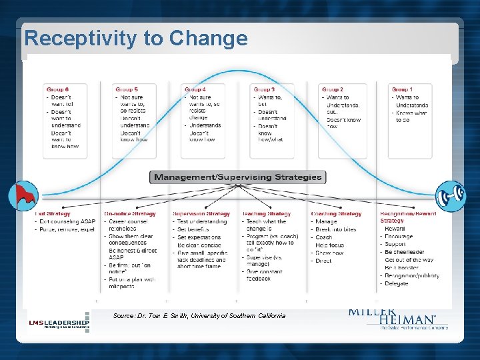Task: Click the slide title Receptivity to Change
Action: point(135,39)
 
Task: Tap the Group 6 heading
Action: point(57,89)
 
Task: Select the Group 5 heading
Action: point(127,89)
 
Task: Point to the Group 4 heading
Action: point(195,89)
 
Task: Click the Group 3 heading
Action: point(264,89)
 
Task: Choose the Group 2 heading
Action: point(332,89)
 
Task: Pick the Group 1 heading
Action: point(402,89)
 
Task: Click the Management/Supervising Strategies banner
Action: point(238,177)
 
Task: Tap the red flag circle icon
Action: point(23,196)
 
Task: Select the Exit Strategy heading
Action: point(53,214)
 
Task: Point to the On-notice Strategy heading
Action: point(129,214)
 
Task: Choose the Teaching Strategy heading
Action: point(266,214)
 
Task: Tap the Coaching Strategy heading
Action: point(336,214)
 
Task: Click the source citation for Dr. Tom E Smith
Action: point(199,315)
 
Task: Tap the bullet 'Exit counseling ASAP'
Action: point(67,221)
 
